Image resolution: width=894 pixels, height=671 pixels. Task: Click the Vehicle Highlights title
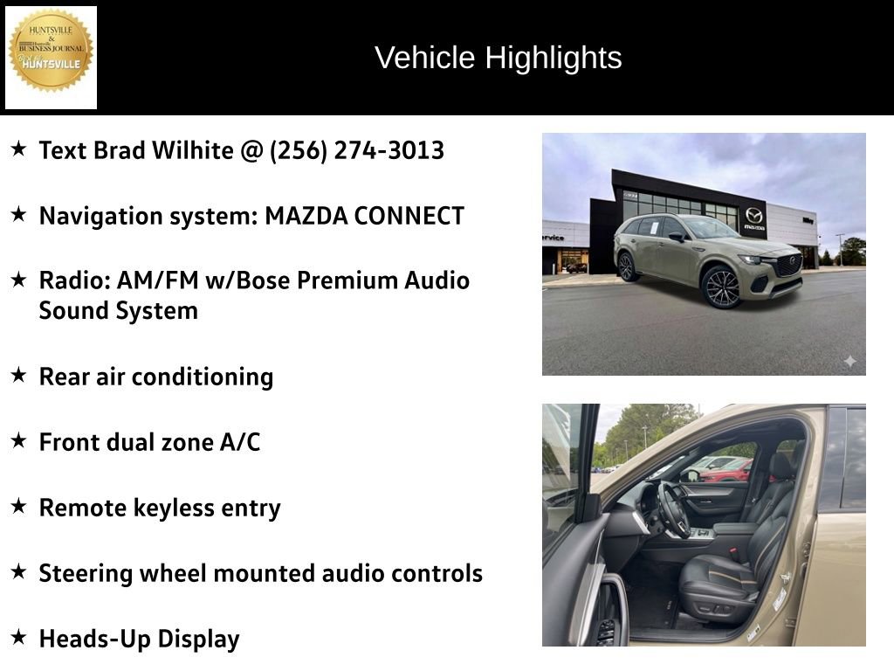pos(498,58)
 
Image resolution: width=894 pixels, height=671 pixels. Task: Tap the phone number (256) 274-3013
pos(357,150)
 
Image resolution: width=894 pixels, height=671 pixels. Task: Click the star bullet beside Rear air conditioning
pos(18,376)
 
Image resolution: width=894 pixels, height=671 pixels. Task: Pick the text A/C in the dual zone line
pos(240,442)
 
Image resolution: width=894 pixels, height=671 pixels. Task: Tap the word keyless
pos(181,508)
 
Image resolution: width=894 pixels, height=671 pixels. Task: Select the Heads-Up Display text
pos(139,639)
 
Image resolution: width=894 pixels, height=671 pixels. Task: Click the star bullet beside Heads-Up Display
pos(18,638)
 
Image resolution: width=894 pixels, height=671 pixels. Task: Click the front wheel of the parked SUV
pos(721,287)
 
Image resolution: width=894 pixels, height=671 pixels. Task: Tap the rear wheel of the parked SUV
pos(627,266)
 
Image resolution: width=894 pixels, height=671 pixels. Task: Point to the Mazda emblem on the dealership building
pos(753,215)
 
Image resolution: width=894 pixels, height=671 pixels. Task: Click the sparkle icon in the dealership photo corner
pos(849,361)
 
